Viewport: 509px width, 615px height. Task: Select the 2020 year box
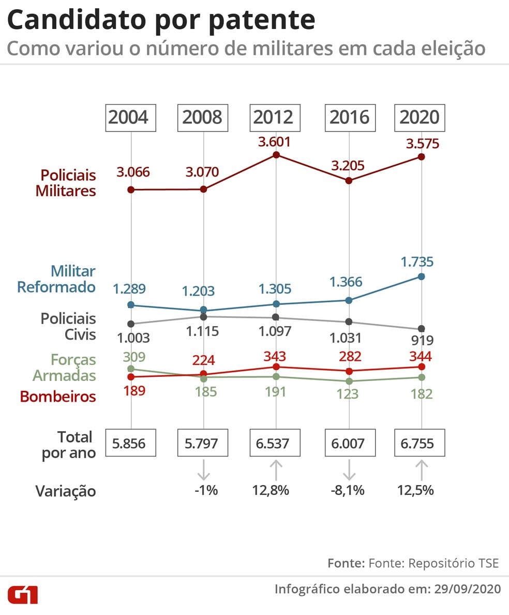pos(420,118)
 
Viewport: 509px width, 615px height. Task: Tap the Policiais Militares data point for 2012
pos(276,155)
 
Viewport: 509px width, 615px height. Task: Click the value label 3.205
pos(348,166)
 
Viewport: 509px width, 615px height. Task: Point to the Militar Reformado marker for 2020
pos(421,276)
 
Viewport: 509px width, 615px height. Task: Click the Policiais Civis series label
pos(68,326)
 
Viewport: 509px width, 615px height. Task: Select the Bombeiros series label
pos(58,397)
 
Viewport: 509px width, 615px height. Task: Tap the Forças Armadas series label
pos(65,367)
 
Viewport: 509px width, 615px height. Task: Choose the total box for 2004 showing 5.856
pos(130,444)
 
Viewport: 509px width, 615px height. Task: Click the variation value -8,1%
pos(348,490)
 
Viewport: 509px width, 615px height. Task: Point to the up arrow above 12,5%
pos(422,470)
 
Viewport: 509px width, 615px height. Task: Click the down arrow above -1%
pos(203,470)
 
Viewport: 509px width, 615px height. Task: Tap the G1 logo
pos(22,594)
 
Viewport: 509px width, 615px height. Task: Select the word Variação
pos(66,491)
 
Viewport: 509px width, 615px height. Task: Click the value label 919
pos(422,340)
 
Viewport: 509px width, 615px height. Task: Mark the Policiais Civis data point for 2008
pos(203,317)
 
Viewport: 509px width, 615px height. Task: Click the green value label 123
pos(348,394)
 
